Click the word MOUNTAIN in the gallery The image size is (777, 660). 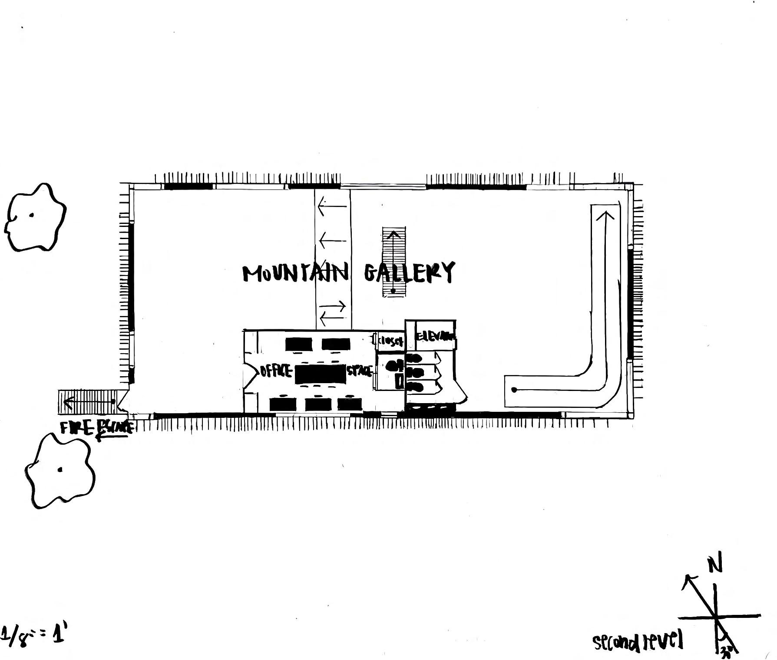coord(295,273)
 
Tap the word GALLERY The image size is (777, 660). coord(409,273)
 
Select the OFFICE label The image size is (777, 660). coord(276,371)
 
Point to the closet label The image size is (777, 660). coord(390,341)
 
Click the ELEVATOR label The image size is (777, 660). coord(435,336)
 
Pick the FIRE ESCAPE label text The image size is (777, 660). coord(96,428)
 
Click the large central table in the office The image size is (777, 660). coord(321,374)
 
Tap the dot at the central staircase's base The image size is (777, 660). coord(393,291)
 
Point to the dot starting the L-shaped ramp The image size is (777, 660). coord(515,390)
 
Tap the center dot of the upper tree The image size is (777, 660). coord(31,215)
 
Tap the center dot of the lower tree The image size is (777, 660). coord(60,470)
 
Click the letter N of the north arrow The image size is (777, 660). coord(714,565)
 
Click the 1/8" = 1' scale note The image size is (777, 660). coord(34,636)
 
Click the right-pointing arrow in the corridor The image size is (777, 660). coord(334,307)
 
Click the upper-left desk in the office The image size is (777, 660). coord(299,345)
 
